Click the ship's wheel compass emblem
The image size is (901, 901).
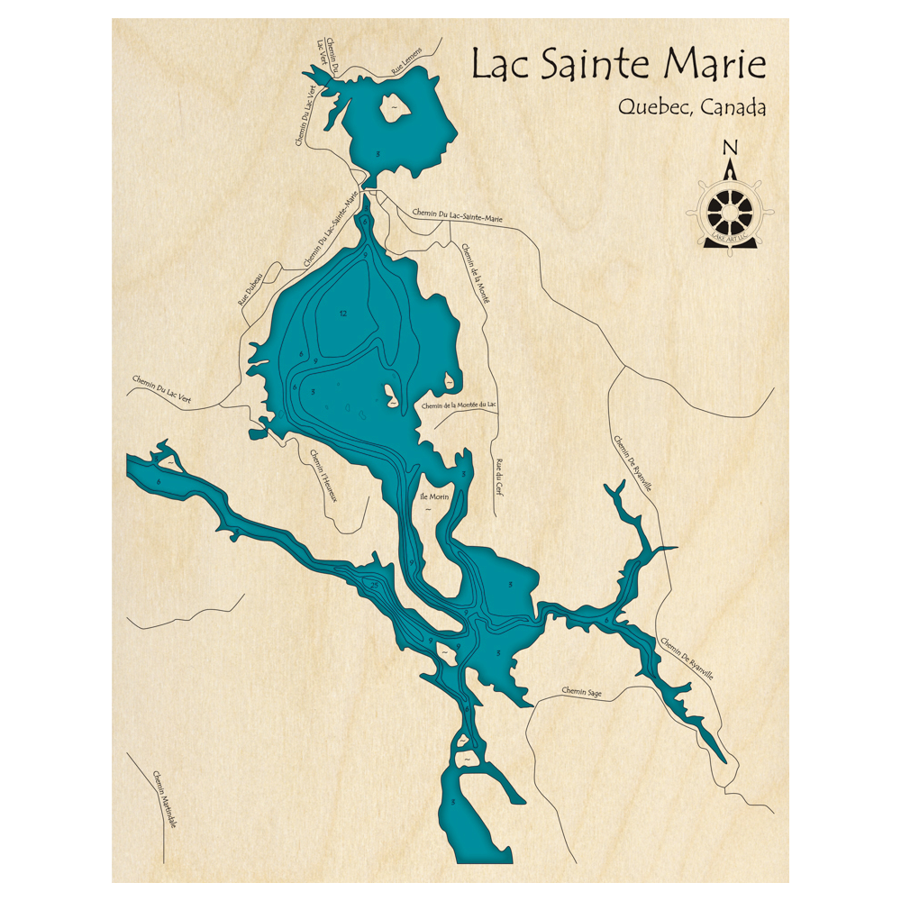click(x=730, y=211)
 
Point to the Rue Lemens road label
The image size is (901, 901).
click(x=406, y=66)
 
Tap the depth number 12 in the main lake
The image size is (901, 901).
click(x=343, y=314)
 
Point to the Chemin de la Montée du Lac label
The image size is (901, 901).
click(x=460, y=405)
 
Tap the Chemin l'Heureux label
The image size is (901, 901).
click(x=323, y=476)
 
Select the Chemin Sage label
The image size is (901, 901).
click(x=581, y=693)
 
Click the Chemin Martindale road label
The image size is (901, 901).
click(x=164, y=801)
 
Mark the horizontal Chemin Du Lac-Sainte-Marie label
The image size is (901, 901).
click(x=457, y=215)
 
